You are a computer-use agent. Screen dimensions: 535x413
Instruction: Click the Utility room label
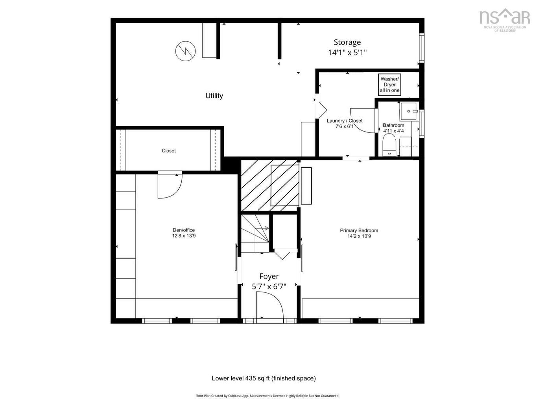214,95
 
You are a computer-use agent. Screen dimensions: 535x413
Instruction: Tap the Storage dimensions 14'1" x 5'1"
347,53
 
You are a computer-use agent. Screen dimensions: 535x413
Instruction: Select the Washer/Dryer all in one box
389,84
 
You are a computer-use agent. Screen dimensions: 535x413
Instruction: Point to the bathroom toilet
389,145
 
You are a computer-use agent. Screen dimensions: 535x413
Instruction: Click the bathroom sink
409,111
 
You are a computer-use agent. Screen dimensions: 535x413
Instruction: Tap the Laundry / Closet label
345,121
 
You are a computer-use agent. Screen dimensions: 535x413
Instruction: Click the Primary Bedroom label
359,230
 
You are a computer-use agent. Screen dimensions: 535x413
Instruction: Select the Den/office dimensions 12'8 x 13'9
184,236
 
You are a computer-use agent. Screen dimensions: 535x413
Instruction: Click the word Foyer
269,276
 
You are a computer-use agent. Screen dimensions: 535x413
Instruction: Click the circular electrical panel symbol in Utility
185,51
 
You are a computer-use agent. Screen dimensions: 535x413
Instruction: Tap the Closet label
169,151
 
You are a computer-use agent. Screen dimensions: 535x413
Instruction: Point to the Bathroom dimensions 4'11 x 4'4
393,131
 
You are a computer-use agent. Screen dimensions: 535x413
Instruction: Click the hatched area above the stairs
270,185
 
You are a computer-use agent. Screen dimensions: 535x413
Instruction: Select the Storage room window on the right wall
421,48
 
